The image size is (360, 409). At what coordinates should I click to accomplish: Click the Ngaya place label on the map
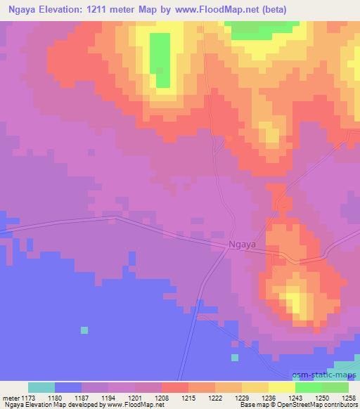(243, 245)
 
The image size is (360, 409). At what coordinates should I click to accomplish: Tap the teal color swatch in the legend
(41, 387)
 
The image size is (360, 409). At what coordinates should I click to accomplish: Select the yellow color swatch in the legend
(281, 387)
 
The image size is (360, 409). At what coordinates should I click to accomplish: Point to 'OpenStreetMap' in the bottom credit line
(288, 405)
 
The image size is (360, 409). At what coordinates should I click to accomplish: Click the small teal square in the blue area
(84, 330)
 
